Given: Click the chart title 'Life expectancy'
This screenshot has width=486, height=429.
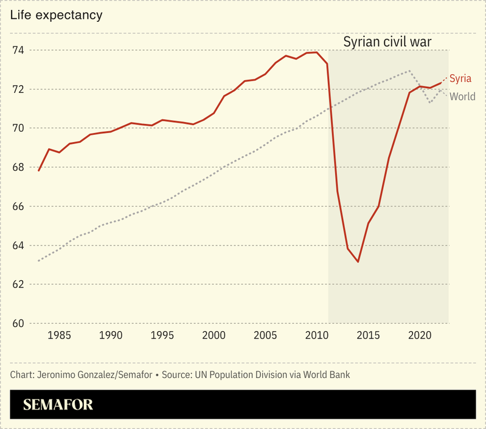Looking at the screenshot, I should click(x=56, y=15).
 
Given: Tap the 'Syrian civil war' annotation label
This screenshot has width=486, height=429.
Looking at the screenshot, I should click(x=387, y=43).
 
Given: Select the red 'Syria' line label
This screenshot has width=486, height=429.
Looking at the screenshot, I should click(x=460, y=78).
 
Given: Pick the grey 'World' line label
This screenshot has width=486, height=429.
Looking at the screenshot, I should click(x=462, y=97).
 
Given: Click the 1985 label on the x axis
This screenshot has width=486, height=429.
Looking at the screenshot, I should click(x=59, y=335).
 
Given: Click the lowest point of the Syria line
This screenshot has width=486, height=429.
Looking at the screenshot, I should click(x=358, y=262).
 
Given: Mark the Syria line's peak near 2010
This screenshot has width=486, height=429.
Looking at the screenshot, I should click(x=316, y=52).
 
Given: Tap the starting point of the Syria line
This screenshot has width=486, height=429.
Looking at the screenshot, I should click(x=38, y=171).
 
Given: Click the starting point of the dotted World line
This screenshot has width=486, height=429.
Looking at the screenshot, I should click(x=38, y=261).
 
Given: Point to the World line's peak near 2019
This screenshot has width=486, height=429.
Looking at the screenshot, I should click(x=409, y=70).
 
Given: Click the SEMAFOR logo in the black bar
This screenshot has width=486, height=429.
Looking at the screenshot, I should click(x=58, y=405).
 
